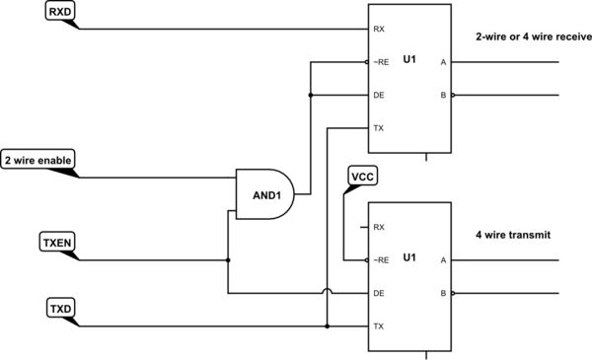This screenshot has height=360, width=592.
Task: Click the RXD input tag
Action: (x=59, y=13)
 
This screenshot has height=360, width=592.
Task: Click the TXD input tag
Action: (x=59, y=308)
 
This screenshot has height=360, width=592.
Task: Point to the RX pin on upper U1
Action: (x=379, y=30)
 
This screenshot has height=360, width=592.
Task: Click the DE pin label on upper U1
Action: (x=379, y=96)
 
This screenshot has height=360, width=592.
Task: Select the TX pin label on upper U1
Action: (x=379, y=128)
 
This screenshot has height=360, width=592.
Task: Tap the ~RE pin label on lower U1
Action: (x=381, y=260)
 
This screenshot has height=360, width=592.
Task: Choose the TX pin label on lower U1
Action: (x=379, y=325)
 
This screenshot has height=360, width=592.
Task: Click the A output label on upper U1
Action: (x=442, y=62)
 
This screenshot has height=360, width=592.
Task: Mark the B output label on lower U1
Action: (x=442, y=293)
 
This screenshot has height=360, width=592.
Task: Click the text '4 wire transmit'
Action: (x=513, y=236)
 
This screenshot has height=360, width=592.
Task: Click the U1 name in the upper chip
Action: (x=409, y=61)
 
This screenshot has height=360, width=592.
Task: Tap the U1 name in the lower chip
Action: (x=409, y=258)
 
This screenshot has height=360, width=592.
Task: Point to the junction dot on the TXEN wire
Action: (x=228, y=260)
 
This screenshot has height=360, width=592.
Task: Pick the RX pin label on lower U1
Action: (x=379, y=227)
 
